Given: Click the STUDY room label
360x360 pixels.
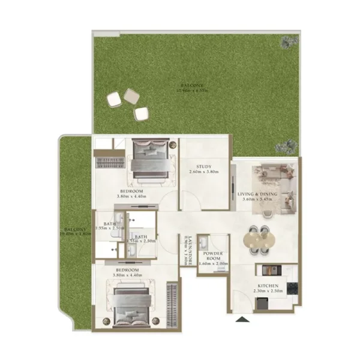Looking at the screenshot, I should [204, 167].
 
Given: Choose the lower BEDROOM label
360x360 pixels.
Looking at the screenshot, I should [127, 271].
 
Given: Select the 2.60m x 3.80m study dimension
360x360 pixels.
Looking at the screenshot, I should [204, 173].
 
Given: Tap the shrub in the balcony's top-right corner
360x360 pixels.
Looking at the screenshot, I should [290, 41].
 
